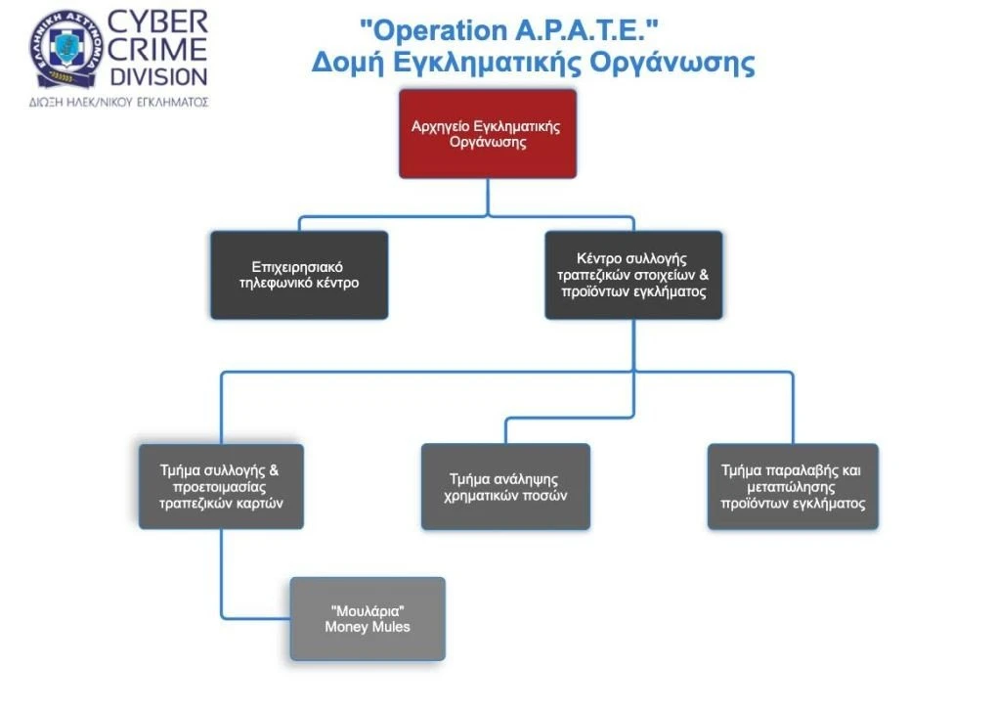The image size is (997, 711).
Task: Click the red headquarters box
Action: tap(488, 134)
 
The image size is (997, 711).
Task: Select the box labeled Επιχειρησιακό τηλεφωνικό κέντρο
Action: tap(299, 275)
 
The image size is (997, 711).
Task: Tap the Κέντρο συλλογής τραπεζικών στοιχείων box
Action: tap(633, 275)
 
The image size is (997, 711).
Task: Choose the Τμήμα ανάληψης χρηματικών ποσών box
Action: tap(505, 486)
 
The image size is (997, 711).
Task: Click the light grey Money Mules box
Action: tap(368, 619)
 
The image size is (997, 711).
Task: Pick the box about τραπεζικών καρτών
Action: tap(221, 486)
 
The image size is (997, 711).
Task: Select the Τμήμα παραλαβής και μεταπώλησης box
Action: tap(793, 486)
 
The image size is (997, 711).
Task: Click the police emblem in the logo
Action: tap(66, 49)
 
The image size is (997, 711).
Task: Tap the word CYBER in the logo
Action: tap(157, 22)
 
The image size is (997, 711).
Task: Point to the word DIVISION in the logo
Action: tap(159, 77)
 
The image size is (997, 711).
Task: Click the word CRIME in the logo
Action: tap(157, 50)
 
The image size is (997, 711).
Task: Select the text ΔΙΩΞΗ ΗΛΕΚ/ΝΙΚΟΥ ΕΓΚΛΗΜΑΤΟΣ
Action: tap(119, 102)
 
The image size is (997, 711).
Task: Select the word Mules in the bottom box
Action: tap(392, 627)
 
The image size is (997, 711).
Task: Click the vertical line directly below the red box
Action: tap(488, 198)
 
